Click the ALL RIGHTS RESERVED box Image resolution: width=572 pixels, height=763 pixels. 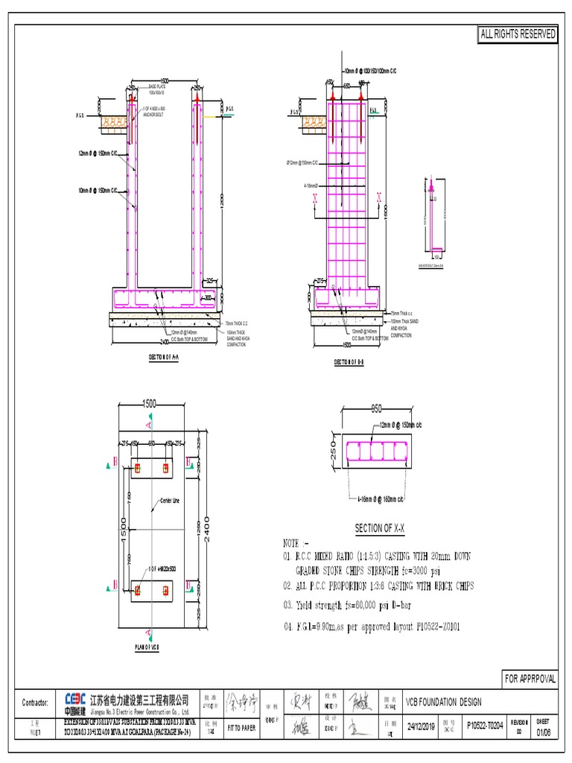pyautogui.click(x=518, y=35)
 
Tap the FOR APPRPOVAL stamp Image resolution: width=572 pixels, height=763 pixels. pyautogui.click(x=531, y=679)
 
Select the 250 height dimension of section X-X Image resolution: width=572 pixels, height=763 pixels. pyautogui.click(x=334, y=449)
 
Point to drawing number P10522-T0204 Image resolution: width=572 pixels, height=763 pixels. pyautogui.click(x=484, y=725)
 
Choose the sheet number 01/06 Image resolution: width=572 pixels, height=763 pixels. pyautogui.click(x=545, y=728)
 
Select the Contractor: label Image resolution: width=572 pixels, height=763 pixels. pyautogui.click(x=35, y=703)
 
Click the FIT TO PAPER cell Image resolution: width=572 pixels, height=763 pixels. pyautogui.click(x=241, y=728)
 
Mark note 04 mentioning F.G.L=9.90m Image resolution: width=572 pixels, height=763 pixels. pyautogui.click(x=371, y=627)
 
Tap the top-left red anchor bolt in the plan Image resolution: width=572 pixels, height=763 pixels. pyautogui.click(x=137, y=467)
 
